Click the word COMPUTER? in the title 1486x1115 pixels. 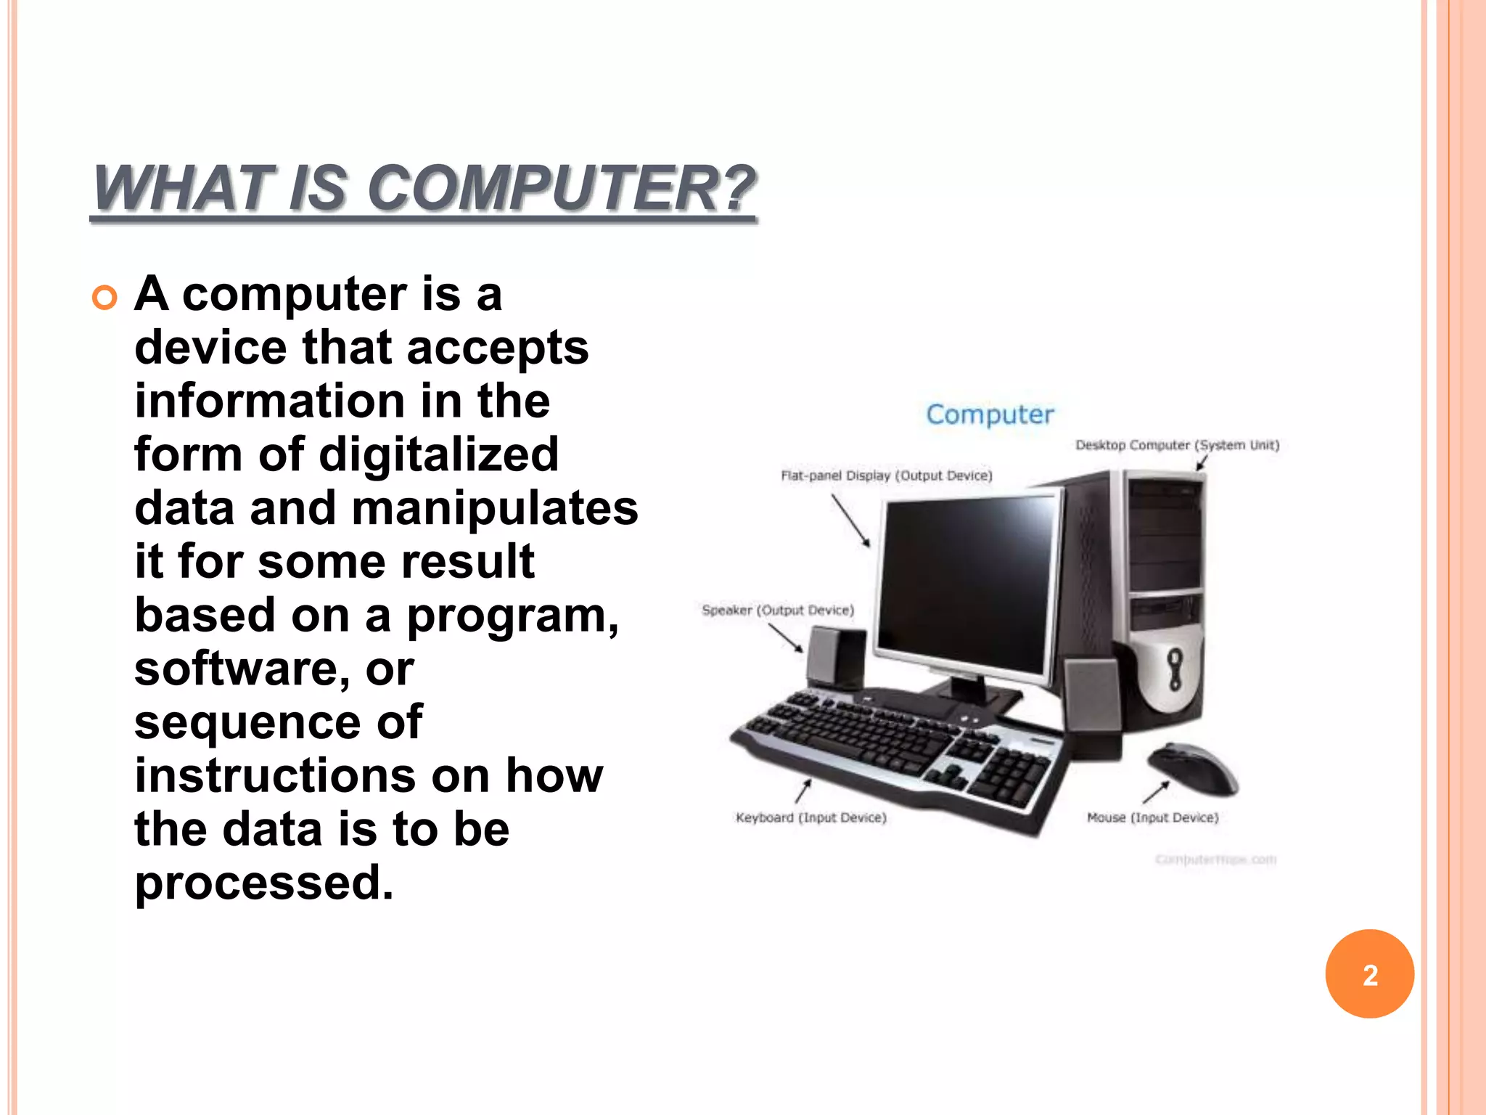pyautogui.click(x=562, y=189)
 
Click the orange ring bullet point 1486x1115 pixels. pyautogui.click(x=105, y=298)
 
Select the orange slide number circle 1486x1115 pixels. pyautogui.click(x=1369, y=974)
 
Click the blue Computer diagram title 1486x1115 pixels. pyautogui.click(x=990, y=414)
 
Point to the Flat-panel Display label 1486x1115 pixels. pyautogui.click(x=886, y=475)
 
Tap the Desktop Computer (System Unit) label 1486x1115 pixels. pyautogui.click(x=1177, y=445)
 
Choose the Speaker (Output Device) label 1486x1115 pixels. pyautogui.click(x=778, y=610)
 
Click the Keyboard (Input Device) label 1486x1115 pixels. pyautogui.click(x=811, y=818)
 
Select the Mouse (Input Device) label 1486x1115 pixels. pyautogui.click(x=1152, y=818)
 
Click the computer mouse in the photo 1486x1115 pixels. pyautogui.click(x=1194, y=768)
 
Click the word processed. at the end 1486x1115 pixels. pyautogui.click(x=264, y=883)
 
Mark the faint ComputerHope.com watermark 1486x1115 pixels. pyautogui.click(x=1215, y=860)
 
